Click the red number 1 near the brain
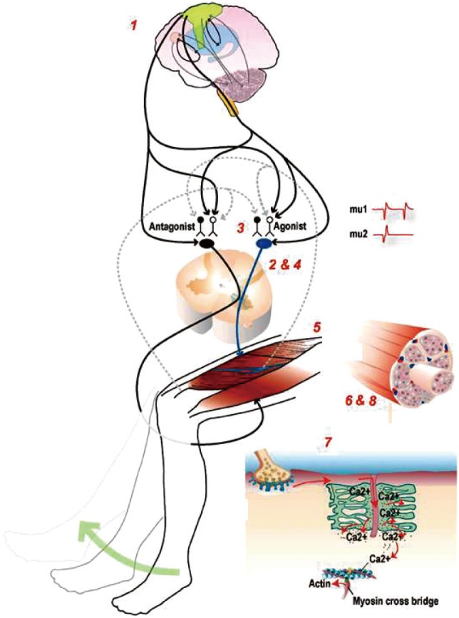tap(133, 25)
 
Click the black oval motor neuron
tap(207, 244)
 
